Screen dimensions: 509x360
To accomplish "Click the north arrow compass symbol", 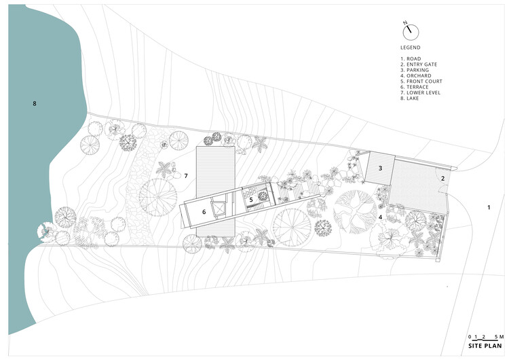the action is [x=411, y=32].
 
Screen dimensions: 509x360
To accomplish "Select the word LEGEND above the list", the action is [x=411, y=48].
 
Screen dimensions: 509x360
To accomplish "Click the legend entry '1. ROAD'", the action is [x=411, y=59].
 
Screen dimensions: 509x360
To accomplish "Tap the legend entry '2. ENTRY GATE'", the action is [x=419, y=65].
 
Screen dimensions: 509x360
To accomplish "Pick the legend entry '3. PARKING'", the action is [x=415, y=70].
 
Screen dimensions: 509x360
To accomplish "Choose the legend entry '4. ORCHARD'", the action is [x=416, y=75].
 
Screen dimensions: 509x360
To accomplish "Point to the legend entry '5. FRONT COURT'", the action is [x=421, y=82].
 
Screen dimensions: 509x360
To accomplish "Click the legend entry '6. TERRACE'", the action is [x=415, y=87].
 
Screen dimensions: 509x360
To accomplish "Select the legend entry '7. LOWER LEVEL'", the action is [x=420, y=92].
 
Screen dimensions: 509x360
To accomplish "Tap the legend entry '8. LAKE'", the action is [x=410, y=98].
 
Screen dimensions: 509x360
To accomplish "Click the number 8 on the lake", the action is [x=35, y=104].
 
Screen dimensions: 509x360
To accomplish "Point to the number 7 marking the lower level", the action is [x=186, y=176].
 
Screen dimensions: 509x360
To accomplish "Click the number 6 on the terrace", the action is [x=204, y=212].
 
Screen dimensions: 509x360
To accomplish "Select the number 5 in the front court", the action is [x=251, y=200].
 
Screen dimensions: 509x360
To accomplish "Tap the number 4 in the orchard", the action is [x=380, y=216].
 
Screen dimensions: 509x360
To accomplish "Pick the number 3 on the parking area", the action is [x=381, y=168].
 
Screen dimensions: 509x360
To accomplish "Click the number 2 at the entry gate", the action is [x=442, y=179].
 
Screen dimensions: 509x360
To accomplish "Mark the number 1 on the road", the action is [x=489, y=207].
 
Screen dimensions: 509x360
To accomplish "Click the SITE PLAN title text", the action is [x=485, y=346].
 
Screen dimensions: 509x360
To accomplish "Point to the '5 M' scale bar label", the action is [x=499, y=337].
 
